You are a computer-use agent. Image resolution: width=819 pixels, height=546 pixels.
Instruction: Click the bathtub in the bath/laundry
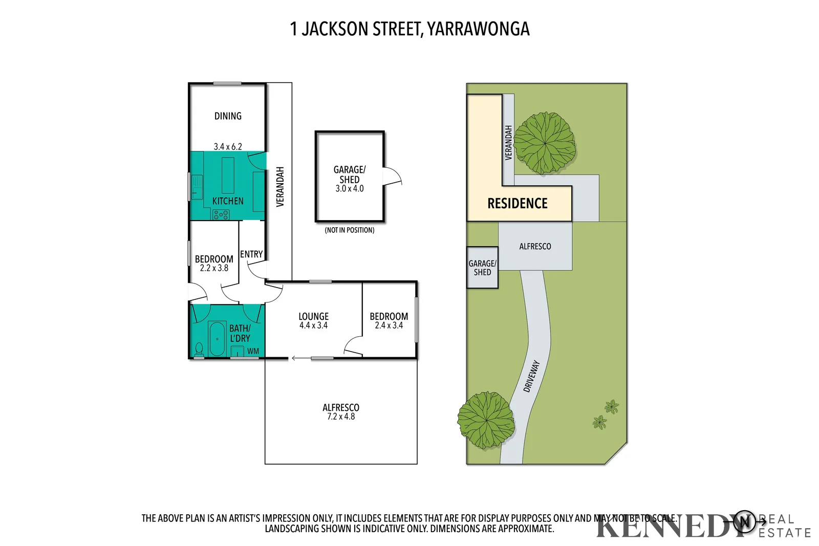(217, 338)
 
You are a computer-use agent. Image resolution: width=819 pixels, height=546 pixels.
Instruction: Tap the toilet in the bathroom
(199, 350)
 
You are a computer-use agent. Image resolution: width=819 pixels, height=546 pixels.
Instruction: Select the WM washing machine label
(253, 351)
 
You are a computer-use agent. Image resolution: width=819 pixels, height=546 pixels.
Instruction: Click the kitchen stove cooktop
(221, 215)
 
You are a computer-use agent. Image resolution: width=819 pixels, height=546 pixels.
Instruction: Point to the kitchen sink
(197, 187)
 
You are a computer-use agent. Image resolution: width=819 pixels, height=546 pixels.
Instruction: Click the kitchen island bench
(228, 175)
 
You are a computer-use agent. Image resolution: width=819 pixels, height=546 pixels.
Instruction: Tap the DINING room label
(228, 116)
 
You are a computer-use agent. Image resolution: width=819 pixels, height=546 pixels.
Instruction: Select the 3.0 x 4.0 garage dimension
(350, 189)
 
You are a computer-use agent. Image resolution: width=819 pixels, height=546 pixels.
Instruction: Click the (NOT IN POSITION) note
(350, 230)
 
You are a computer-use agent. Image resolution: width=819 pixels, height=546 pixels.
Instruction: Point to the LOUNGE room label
(313, 316)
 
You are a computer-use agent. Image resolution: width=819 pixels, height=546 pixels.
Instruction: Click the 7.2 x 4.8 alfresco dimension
(341, 417)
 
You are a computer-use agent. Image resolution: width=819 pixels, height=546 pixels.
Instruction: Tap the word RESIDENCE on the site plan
(517, 204)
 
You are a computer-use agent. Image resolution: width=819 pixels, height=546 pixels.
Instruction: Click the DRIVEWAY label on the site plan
(532, 376)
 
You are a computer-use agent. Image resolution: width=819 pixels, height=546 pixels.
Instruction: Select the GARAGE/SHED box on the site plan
(482, 268)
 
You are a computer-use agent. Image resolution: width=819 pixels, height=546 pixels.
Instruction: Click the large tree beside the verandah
(544, 143)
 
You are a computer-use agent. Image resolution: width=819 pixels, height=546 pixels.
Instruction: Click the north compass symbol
(745, 521)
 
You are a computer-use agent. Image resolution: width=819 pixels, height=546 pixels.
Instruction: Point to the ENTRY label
(251, 254)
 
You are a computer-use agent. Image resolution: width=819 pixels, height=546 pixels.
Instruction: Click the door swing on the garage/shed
(393, 177)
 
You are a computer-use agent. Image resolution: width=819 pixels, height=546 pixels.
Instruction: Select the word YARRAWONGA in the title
(478, 29)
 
